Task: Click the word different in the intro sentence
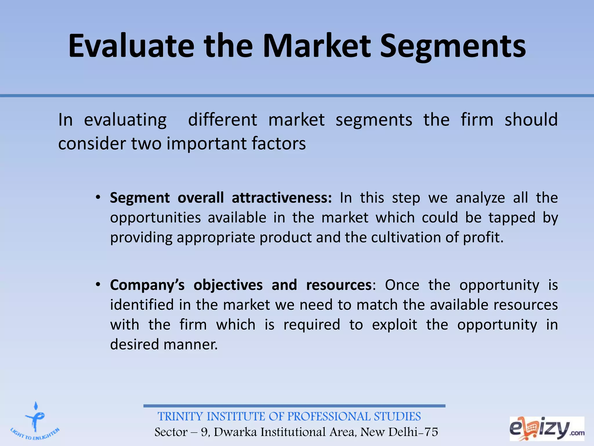tap(222, 120)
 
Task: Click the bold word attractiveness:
tap(282, 198)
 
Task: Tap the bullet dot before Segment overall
tap(98, 198)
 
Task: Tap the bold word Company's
tap(147, 285)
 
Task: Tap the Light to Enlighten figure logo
tap(35, 421)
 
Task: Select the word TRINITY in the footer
tap(180, 417)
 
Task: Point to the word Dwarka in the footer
tap(235, 432)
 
